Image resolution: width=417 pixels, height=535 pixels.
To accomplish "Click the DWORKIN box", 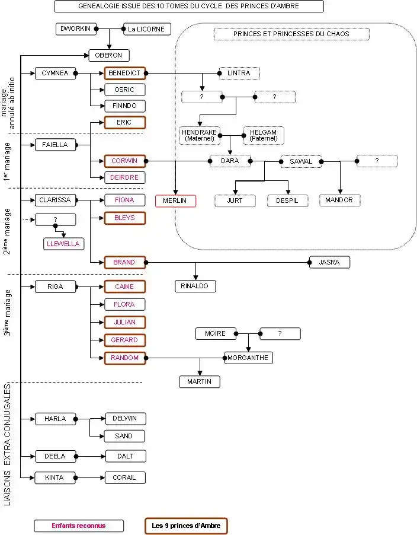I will [76, 28].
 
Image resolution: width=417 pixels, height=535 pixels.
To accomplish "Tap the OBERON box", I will [109, 55].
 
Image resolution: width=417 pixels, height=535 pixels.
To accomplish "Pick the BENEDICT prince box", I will [125, 74].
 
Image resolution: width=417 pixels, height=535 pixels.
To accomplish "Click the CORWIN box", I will [125, 161].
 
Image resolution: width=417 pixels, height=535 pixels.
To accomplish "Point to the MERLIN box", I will [175, 200].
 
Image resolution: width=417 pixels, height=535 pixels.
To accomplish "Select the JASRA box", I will [329, 262].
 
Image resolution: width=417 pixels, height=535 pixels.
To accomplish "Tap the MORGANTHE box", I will [248, 358].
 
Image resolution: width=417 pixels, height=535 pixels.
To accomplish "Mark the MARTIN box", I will [200, 381].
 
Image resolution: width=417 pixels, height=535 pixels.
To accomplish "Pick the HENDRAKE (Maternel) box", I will [200, 135].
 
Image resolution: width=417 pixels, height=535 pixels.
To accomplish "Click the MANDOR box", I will [339, 200].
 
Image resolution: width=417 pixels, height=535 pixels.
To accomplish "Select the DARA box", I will [230, 161].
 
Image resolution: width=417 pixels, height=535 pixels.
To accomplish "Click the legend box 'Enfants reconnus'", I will [79, 526].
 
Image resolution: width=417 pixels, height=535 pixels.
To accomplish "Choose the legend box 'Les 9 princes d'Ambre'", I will [186, 526].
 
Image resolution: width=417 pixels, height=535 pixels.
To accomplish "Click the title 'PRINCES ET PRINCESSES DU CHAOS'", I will [291, 34].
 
